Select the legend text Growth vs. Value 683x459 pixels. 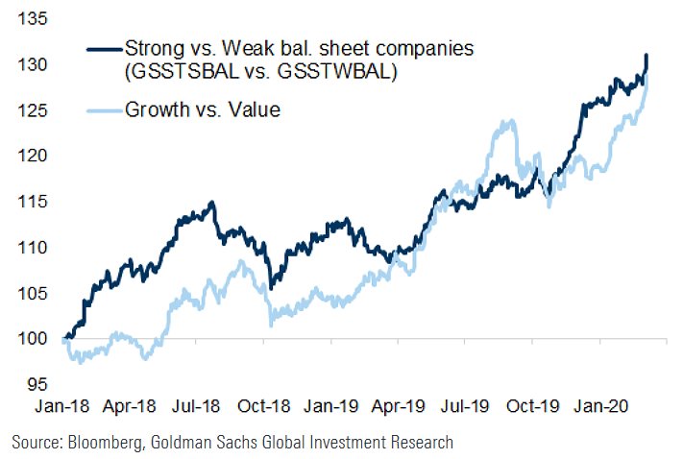coord(202,109)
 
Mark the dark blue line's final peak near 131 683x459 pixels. coord(646,56)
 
